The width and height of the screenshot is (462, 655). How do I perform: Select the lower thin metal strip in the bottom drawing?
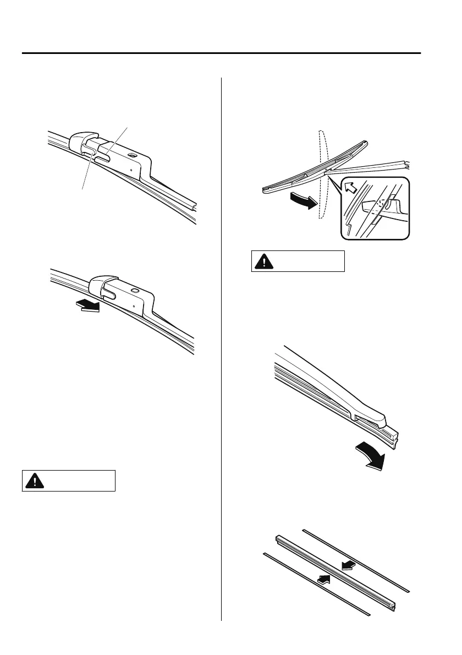coord(316,583)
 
